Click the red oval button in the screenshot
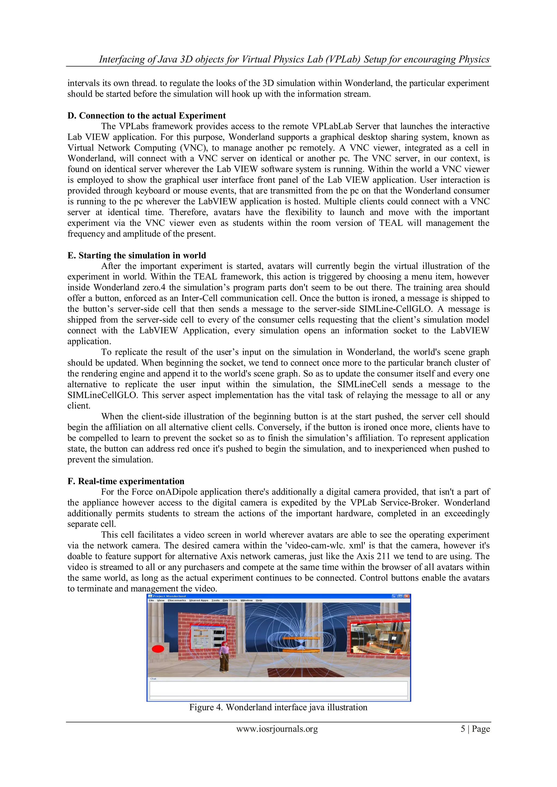(x=158, y=649)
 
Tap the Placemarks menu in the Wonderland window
(x=177, y=601)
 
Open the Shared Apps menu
(x=199, y=601)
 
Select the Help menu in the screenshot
(x=259, y=601)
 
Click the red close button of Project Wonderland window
(x=407, y=596)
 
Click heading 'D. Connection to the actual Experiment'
(x=146, y=116)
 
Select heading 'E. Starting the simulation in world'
(x=137, y=255)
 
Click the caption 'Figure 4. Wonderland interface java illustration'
(x=278, y=707)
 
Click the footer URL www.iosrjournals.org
(x=277, y=729)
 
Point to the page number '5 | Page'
(x=475, y=729)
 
